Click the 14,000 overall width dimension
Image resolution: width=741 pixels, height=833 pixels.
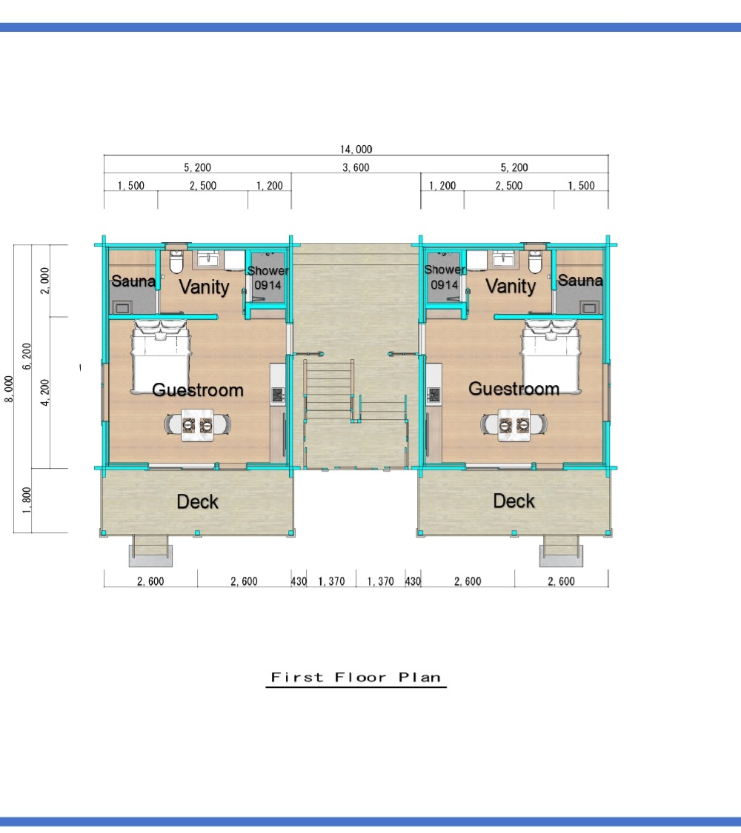[x=356, y=150]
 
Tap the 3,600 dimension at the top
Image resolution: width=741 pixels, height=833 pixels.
[x=356, y=167]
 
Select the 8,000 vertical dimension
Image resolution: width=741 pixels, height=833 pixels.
[x=8, y=389]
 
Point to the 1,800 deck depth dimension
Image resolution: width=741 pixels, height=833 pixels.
[x=27, y=500]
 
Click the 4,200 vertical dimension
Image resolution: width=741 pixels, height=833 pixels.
[x=44, y=392]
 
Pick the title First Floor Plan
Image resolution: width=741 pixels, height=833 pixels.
[x=356, y=678]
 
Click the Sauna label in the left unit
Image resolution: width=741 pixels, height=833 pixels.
[x=133, y=281]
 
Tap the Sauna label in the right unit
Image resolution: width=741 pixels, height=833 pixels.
[x=580, y=280]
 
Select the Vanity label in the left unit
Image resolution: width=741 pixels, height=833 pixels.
[x=204, y=287]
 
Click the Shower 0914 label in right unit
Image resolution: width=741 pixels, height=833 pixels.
[x=445, y=278]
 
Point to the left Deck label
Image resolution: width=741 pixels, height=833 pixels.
[x=197, y=501]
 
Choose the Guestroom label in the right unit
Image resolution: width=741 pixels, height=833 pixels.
[x=514, y=389]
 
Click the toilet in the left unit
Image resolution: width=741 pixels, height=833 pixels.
[x=176, y=261]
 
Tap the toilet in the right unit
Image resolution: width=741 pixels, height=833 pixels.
[x=535, y=261]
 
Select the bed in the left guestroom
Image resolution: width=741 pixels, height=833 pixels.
[x=161, y=356]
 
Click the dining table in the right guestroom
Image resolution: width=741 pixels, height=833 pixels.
[x=514, y=425]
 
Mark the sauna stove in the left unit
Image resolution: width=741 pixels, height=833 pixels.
[x=122, y=307]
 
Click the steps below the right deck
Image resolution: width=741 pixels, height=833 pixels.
[x=561, y=551]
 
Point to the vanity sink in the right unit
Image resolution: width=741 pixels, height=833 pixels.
[x=502, y=258]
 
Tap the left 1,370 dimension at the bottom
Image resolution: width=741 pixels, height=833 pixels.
[x=331, y=581]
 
